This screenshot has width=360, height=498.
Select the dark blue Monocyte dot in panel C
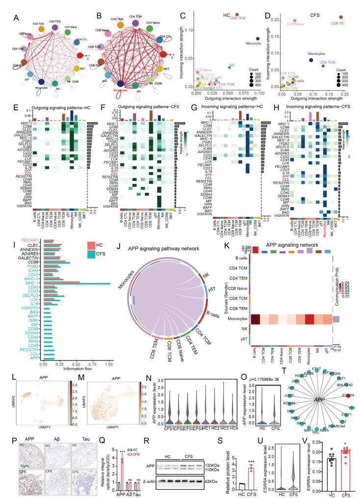click(257, 38)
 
